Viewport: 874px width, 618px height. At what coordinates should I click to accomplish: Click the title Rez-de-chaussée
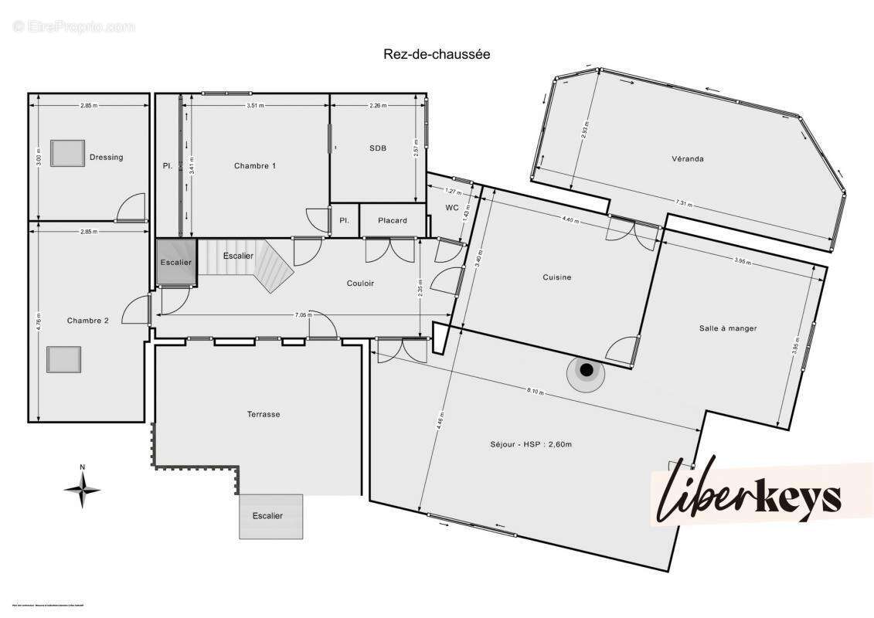point(437,54)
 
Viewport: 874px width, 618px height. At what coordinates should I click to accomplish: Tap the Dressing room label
point(106,157)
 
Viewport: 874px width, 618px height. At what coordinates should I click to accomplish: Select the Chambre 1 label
point(254,165)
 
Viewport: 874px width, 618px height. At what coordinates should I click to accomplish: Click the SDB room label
point(378,148)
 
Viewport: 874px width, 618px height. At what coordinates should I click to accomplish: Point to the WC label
point(452,208)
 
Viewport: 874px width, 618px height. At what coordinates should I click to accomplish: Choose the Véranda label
point(687,159)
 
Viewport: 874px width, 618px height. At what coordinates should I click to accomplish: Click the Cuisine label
point(556,277)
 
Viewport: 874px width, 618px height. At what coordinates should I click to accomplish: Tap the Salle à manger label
point(727,328)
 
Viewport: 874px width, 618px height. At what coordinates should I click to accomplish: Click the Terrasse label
point(264,414)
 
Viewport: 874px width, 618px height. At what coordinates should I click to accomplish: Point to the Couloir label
point(360,284)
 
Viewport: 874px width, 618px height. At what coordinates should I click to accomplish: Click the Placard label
point(393,220)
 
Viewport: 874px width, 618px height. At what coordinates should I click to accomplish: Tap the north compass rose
point(82,488)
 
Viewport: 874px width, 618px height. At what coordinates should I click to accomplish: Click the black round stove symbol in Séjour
point(587,372)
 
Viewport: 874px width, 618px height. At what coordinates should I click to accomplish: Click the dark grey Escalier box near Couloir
point(175,262)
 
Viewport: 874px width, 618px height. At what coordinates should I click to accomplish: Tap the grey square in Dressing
point(67,153)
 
